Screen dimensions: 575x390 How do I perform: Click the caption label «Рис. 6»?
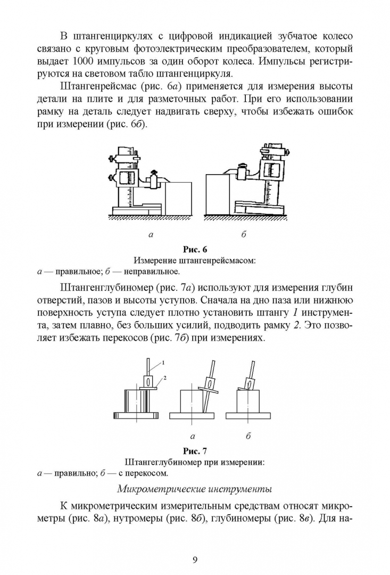point(195,250)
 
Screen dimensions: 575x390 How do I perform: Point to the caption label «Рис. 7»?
point(195,452)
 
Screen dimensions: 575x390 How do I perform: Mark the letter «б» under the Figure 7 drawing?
point(248,436)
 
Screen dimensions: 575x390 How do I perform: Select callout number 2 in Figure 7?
point(165,377)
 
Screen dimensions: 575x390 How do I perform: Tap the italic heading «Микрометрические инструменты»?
point(195,488)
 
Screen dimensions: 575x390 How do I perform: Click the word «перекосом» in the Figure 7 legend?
point(149,473)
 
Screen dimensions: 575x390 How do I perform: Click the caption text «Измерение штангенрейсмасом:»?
point(195,261)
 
